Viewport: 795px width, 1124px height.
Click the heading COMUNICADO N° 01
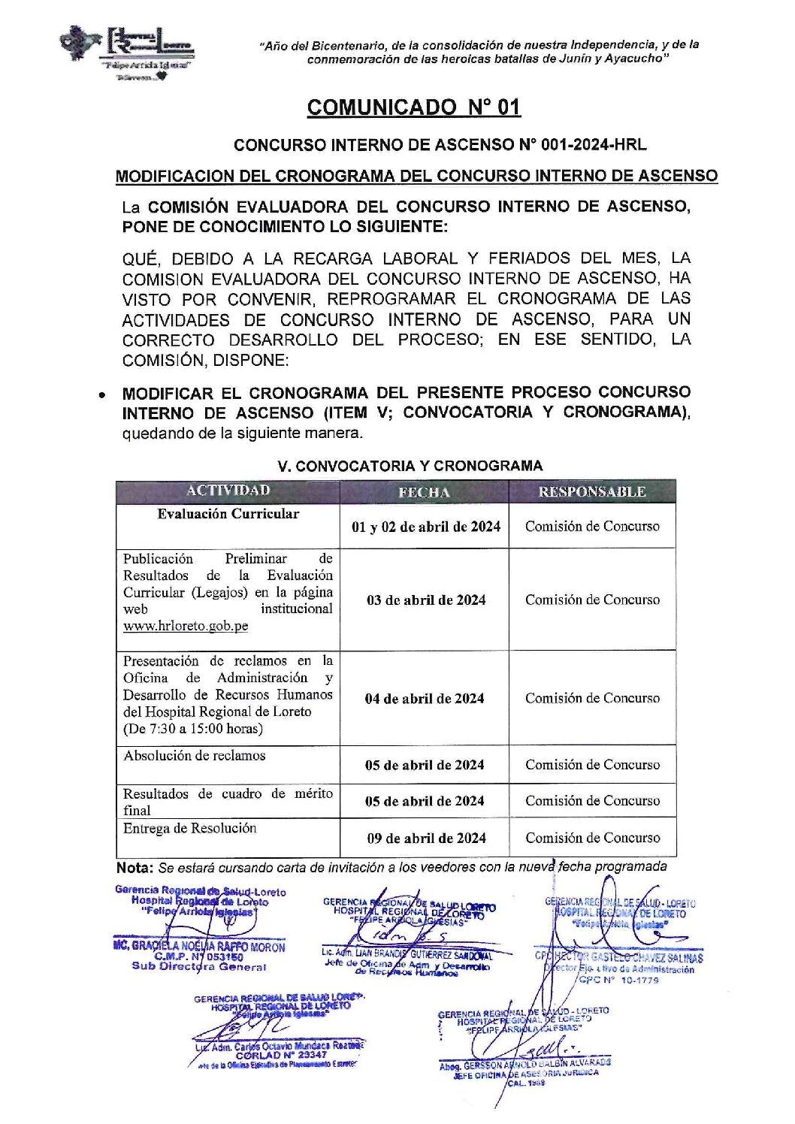pyautogui.click(x=413, y=107)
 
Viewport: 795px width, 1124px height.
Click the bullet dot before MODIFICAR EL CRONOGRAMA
pyautogui.click(x=101, y=394)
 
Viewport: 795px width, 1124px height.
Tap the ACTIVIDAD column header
pyautogui.click(x=228, y=491)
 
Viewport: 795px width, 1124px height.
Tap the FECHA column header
pyautogui.click(x=424, y=492)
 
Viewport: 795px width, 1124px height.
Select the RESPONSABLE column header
pyautogui.click(x=592, y=492)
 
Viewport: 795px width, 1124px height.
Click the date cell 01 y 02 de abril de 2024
pyautogui.click(x=425, y=527)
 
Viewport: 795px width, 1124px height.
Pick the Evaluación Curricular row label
pyautogui.click(x=228, y=515)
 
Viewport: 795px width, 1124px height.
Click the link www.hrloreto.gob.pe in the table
pyautogui.click(x=186, y=626)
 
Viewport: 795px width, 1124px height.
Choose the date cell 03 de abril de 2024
pyautogui.click(x=425, y=600)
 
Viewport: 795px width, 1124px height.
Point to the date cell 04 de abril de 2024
pyautogui.click(x=425, y=699)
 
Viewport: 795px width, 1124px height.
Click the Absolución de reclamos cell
pyautogui.click(x=195, y=756)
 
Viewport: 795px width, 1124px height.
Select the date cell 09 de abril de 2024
pyautogui.click(x=426, y=838)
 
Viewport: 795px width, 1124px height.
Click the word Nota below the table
pyautogui.click(x=134, y=868)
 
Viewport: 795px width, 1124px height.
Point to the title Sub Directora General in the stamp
pyautogui.click(x=198, y=967)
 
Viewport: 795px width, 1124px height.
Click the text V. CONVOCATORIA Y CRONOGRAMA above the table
pyautogui.click(x=410, y=466)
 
